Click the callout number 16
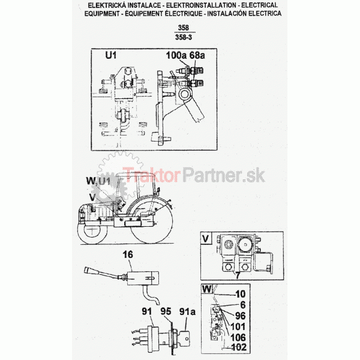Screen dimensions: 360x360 [128, 254]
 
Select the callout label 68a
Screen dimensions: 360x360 [197, 55]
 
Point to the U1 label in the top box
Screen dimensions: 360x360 [111, 55]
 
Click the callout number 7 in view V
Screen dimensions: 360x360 [238, 275]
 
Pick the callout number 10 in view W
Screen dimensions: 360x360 [241, 294]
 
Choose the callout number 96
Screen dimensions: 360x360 [241, 316]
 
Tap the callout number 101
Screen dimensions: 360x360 [238, 327]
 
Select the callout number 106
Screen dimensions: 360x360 [238, 337]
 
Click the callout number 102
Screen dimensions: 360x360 [239, 347]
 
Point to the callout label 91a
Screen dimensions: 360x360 [187, 311]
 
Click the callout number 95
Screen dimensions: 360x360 [166, 311]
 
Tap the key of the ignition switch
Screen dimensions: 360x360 [185, 338]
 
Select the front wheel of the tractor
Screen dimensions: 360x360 [91, 233]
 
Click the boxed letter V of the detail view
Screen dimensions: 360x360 [206, 239]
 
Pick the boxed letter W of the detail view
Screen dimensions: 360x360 [207, 289]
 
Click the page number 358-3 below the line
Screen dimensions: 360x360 [184, 37]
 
